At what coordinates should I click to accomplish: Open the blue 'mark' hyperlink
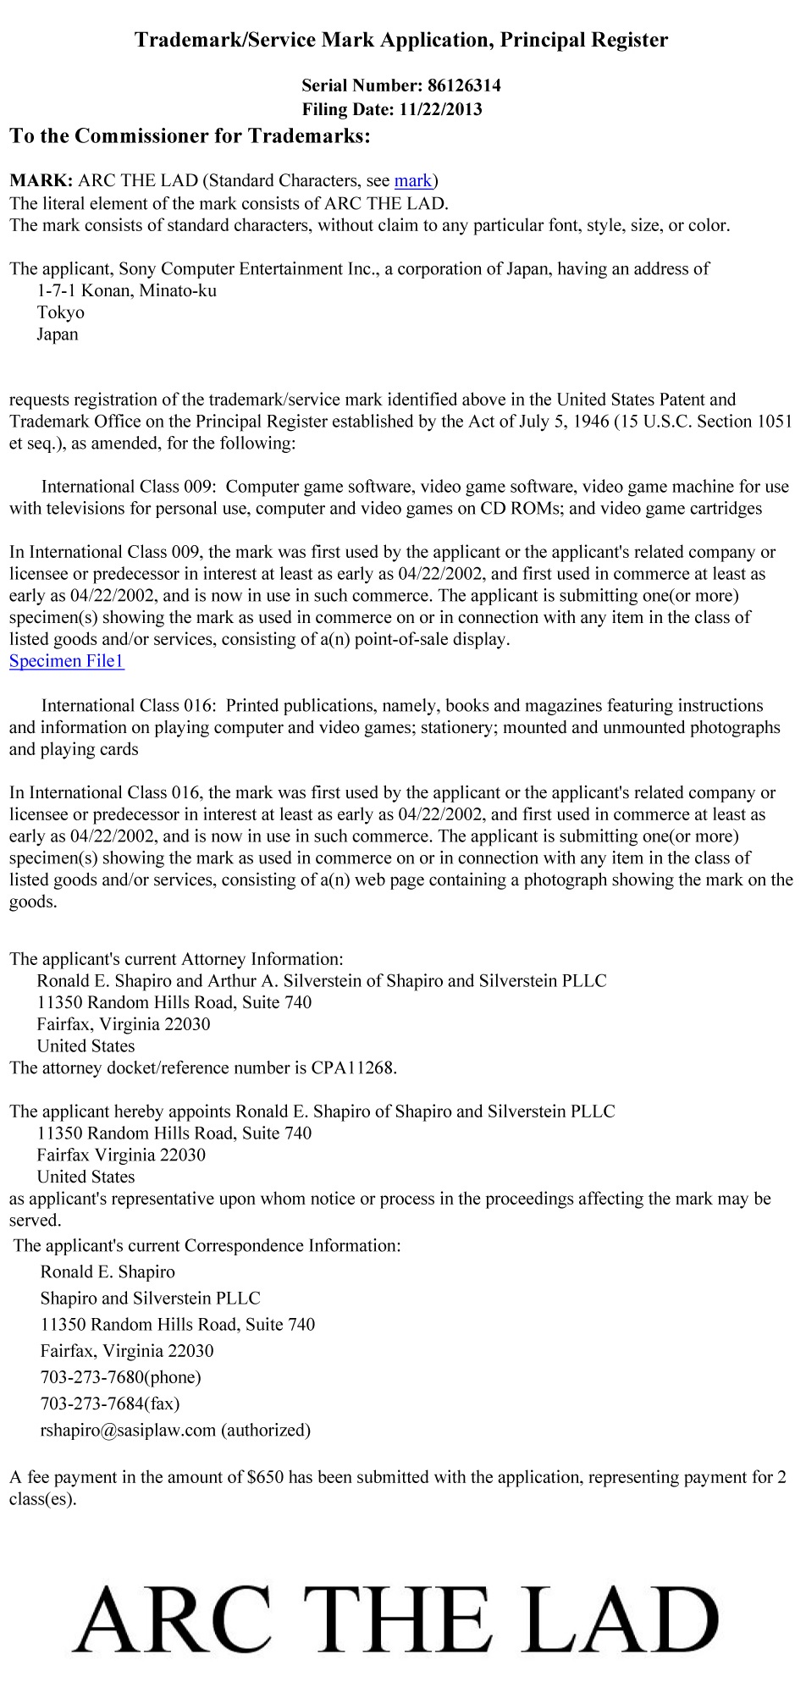pyautogui.click(x=413, y=180)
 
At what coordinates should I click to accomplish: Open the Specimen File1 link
pyautogui.click(x=67, y=661)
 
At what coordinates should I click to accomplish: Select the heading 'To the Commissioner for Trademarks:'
pyautogui.click(x=190, y=136)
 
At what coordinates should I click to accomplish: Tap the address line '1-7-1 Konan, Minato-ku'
pyautogui.click(x=127, y=291)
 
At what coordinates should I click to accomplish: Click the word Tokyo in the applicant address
pyautogui.click(x=61, y=313)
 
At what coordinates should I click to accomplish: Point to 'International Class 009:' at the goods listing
pyautogui.click(x=130, y=487)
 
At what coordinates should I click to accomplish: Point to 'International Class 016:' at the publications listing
pyautogui.click(x=130, y=706)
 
